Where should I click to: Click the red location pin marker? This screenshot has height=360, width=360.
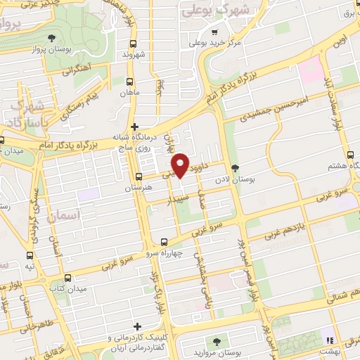[x=181, y=165]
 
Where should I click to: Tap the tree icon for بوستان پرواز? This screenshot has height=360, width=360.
[x=51, y=38]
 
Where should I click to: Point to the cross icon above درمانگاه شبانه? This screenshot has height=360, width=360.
[x=135, y=126]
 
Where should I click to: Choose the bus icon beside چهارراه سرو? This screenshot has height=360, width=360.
[x=164, y=240]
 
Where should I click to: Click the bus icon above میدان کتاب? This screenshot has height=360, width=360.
[x=67, y=278]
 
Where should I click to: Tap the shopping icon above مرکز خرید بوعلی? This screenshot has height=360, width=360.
[x=214, y=31]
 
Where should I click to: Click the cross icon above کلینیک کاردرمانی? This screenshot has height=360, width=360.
[x=138, y=327]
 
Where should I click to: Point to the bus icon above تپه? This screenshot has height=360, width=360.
[x=30, y=256]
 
